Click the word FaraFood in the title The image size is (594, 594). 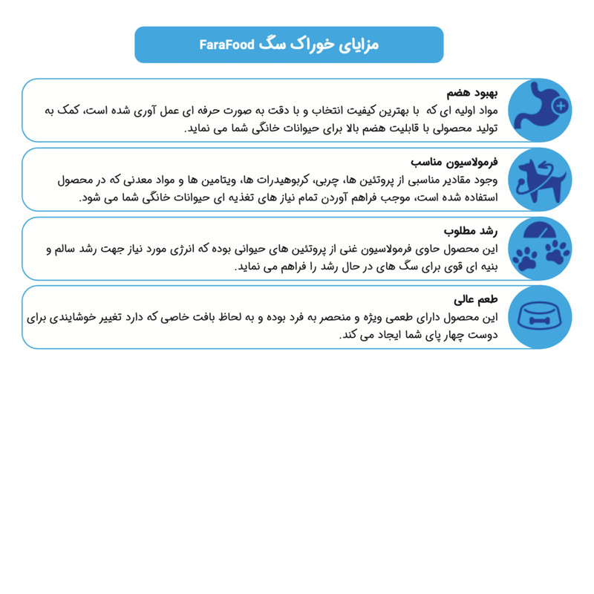226,45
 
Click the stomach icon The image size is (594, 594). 546,109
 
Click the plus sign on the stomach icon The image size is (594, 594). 561,106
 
